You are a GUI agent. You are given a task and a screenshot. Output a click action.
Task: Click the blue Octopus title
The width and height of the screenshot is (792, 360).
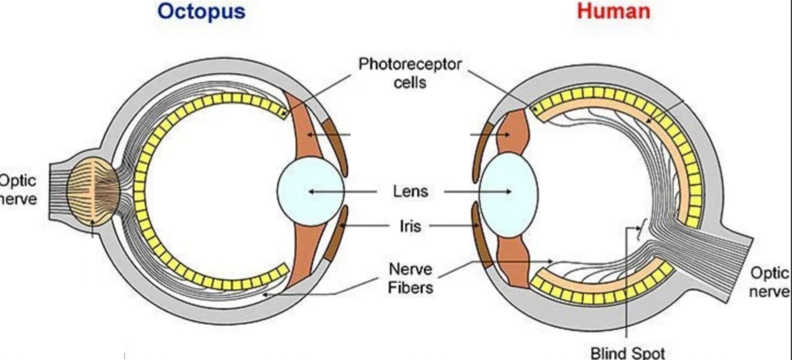[x=202, y=11]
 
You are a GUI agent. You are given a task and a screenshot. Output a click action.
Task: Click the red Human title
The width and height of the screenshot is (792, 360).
[x=613, y=11]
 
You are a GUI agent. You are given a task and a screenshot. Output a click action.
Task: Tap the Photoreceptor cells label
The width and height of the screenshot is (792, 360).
[x=410, y=73]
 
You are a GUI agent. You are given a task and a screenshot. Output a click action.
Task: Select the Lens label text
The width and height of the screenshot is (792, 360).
[x=410, y=192]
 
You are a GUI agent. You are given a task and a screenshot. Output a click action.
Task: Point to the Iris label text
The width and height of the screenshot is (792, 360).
[x=410, y=226]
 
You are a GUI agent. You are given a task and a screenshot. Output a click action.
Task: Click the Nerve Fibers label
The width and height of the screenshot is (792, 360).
[x=410, y=278]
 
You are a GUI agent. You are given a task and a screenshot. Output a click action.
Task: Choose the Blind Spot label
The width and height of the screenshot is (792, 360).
[x=628, y=353]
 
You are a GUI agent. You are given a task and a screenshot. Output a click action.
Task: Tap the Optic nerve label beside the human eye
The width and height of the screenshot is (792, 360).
[x=771, y=282]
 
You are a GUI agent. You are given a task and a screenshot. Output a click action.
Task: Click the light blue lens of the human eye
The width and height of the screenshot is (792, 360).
[x=508, y=191]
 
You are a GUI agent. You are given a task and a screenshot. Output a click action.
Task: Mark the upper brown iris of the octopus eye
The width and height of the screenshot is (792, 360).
[x=335, y=143]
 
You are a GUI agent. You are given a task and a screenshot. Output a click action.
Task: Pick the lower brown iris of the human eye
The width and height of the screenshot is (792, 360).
[x=482, y=235]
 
